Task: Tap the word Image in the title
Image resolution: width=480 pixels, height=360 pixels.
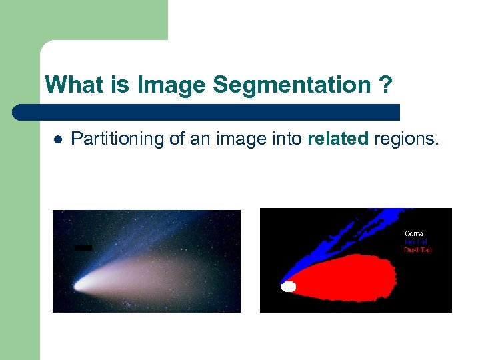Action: click(172, 85)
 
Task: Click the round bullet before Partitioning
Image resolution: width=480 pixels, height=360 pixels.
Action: click(57, 139)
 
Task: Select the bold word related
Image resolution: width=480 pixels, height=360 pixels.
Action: click(338, 139)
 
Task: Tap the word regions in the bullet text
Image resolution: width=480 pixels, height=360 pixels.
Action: click(407, 139)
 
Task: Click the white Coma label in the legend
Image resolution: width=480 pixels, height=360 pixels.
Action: click(414, 234)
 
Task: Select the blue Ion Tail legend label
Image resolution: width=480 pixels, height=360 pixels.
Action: click(416, 242)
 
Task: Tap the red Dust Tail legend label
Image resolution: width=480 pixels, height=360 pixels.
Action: click(418, 250)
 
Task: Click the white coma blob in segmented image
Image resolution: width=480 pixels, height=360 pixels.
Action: click(289, 287)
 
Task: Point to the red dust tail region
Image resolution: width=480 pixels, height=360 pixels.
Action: click(347, 277)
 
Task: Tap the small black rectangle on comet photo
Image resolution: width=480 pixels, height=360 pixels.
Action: click(83, 248)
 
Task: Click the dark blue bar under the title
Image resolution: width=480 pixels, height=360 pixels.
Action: click(207, 112)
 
